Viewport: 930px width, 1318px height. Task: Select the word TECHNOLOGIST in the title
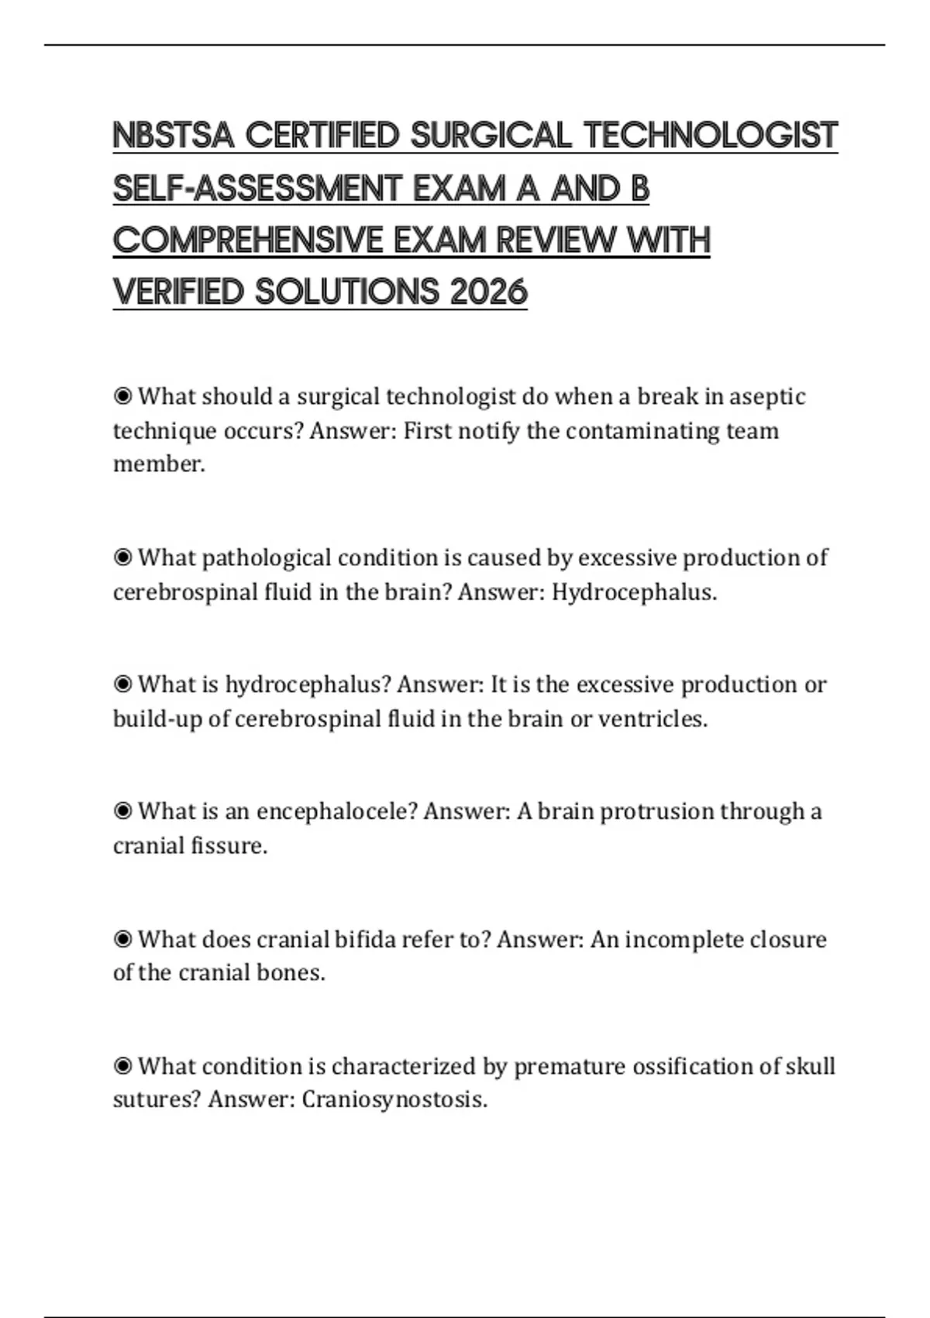click(711, 136)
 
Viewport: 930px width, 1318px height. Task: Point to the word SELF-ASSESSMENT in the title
click(255, 188)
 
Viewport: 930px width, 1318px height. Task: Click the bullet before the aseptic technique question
click(122, 397)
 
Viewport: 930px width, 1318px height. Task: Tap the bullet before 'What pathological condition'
click(122, 557)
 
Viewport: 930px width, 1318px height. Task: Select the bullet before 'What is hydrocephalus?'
click(122, 685)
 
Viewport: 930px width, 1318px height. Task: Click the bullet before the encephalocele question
click(122, 812)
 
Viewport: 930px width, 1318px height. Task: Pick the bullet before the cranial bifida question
click(122, 940)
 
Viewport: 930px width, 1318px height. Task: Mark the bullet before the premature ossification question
click(122, 1067)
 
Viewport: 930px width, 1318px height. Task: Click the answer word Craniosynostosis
click(394, 1100)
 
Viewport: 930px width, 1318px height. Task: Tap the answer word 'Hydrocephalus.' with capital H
click(634, 592)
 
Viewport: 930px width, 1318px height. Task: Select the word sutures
click(156, 1100)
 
